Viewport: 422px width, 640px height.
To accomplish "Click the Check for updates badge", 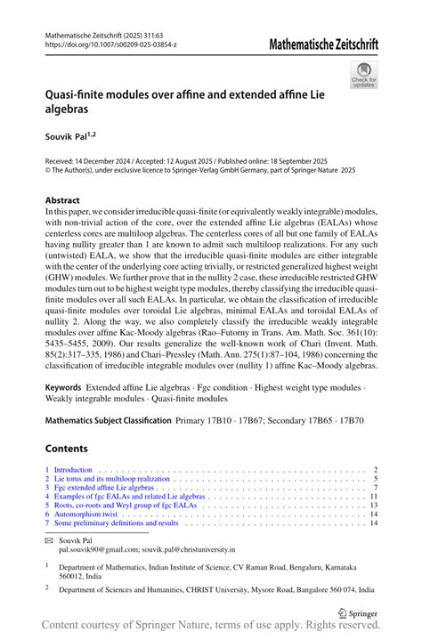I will (x=363, y=74).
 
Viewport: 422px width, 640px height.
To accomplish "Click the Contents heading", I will (x=68, y=447).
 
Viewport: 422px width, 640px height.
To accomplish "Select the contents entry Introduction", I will (x=74, y=469).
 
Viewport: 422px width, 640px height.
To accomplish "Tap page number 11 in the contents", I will (x=375, y=496).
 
